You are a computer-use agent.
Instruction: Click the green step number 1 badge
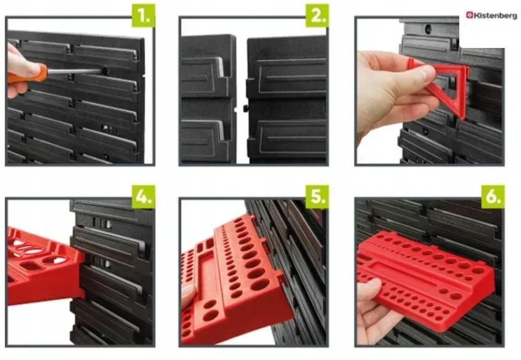pyautogui.click(x=143, y=16)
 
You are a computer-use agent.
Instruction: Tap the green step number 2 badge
pyautogui.click(x=317, y=16)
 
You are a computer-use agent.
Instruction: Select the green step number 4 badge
pyautogui.click(x=143, y=197)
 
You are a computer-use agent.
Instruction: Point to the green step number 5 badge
pyautogui.click(x=317, y=197)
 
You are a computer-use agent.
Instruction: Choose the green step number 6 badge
pyautogui.click(x=493, y=197)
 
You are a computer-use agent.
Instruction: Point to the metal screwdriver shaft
pyautogui.click(x=74, y=71)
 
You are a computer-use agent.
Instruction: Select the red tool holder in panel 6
pyautogui.click(x=425, y=279)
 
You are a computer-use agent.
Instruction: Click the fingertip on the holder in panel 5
pyautogui.click(x=188, y=292)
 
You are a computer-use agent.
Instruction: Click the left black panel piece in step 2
pyautogui.click(x=208, y=98)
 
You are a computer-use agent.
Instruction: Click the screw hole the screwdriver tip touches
pyautogui.click(x=105, y=71)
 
